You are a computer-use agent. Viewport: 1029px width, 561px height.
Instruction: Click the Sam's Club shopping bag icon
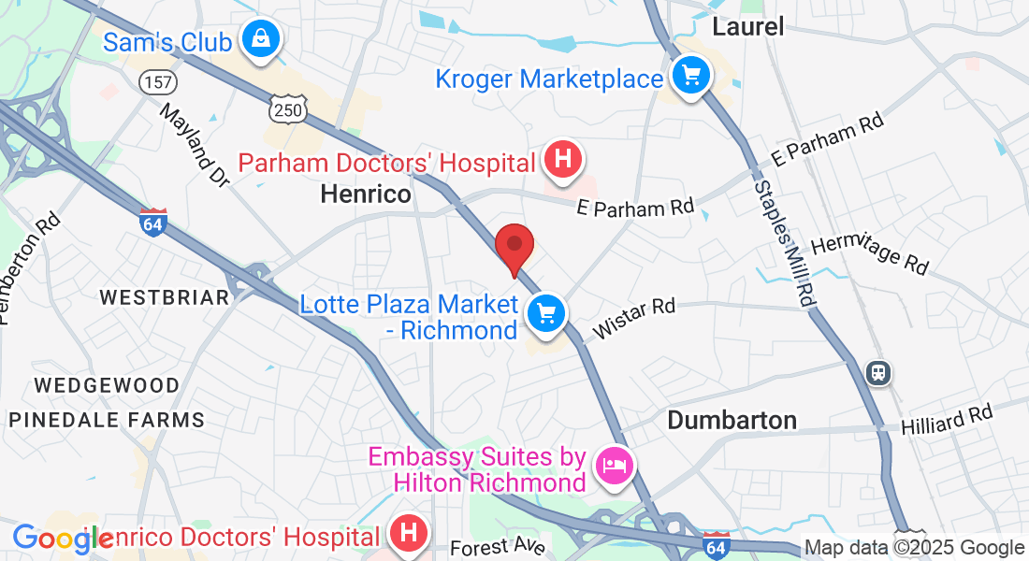pyautogui.click(x=255, y=40)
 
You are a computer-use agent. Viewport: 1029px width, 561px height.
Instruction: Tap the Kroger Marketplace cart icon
pyautogui.click(x=690, y=74)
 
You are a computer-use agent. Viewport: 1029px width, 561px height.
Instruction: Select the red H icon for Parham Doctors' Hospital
pyautogui.click(x=562, y=158)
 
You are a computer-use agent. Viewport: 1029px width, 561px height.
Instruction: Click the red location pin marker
pyautogui.click(x=514, y=248)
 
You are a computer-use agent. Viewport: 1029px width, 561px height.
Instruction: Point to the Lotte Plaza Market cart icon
pyautogui.click(x=545, y=312)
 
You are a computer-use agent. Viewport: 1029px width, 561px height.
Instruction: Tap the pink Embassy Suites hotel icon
pyautogui.click(x=614, y=464)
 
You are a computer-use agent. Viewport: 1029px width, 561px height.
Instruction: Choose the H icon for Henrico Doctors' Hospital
pyautogui.click(x=407, y=533)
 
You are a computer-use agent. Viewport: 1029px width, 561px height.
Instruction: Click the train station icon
pyautogui.click(x=877, y=373)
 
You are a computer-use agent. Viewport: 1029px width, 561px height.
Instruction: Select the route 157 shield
pyautogui.click(x=157, y=82)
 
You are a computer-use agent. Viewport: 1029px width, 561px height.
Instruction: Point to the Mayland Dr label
pyautogui.click(x=195, y=144)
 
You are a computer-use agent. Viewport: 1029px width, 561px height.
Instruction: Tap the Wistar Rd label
pyautogui.click(x=632, y=319)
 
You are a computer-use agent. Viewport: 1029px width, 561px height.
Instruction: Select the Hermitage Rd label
pyautogui.click(x=870, y=253)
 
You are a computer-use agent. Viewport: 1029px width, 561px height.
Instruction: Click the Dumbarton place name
pyautogui.click(x=732, y=420)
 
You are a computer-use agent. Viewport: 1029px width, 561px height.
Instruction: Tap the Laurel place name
pyautogui.click(x=747, y=26)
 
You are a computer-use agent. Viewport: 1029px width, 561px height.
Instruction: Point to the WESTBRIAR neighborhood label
pyautogui.click(x=164, y=297)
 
